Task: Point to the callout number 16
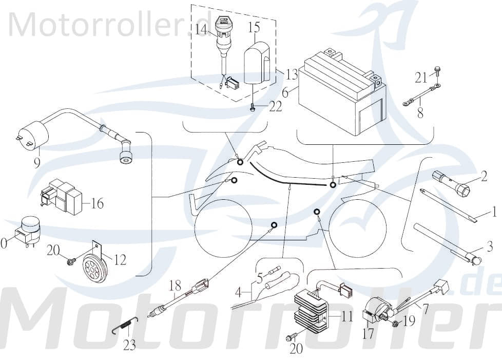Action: click(x=96, y=203)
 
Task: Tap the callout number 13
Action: click(x=292, y=75)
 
